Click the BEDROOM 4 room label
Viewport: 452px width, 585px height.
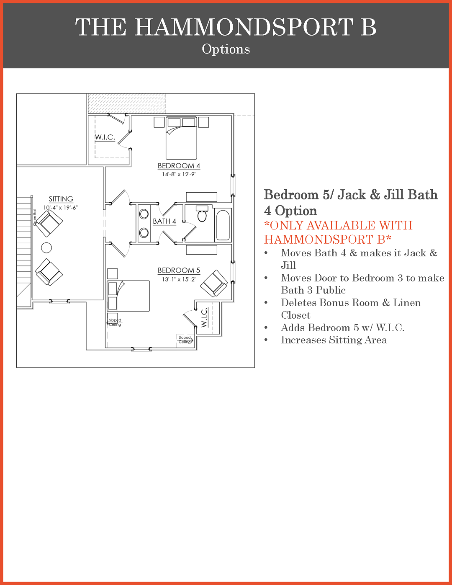click(179, 166)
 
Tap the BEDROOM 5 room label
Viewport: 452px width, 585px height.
click(179, 270)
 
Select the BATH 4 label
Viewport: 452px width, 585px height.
click(164, 221)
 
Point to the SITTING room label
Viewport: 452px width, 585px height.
click(61, 199)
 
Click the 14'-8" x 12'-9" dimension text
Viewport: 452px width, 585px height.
click(179, 175)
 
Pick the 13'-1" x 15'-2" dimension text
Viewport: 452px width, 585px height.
click(179, 279)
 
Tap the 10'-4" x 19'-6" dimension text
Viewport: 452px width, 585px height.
click(61, 208)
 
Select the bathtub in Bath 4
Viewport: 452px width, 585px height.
click(223, 225)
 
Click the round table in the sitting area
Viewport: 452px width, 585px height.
click(46, 247)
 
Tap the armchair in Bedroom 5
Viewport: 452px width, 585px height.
click(214, 283)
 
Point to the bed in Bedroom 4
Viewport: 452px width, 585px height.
click(181, 138)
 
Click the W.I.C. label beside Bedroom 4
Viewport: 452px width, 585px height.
click(105, 137)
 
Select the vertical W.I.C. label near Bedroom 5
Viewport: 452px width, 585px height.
click(205, 317)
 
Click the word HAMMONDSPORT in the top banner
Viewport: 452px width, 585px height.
click(244, 27)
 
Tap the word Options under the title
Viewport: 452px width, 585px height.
click(226, 49)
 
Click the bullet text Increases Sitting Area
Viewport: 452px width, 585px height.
click(334, 340)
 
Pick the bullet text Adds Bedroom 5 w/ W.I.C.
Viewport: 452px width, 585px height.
click(342, 327)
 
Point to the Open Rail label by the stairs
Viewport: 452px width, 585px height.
click(34, 217)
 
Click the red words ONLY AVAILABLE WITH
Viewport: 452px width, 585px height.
click(339, 225)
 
